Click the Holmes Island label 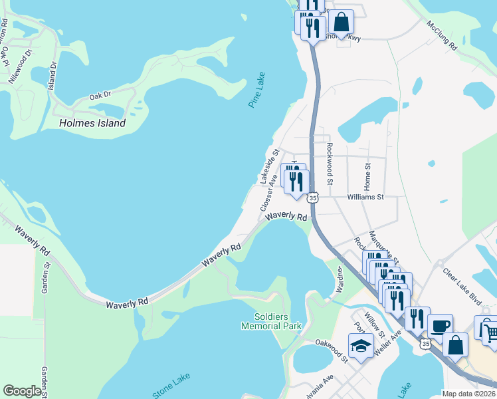tap(92, 123)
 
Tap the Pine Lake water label tap(256, 90)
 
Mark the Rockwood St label tap(328, 162)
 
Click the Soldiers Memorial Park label tap(271, 321)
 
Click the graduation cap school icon tap(361, 346)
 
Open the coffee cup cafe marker tap(440, 325)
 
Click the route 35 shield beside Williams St tap(313, 197)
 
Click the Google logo tap(22, 391)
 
